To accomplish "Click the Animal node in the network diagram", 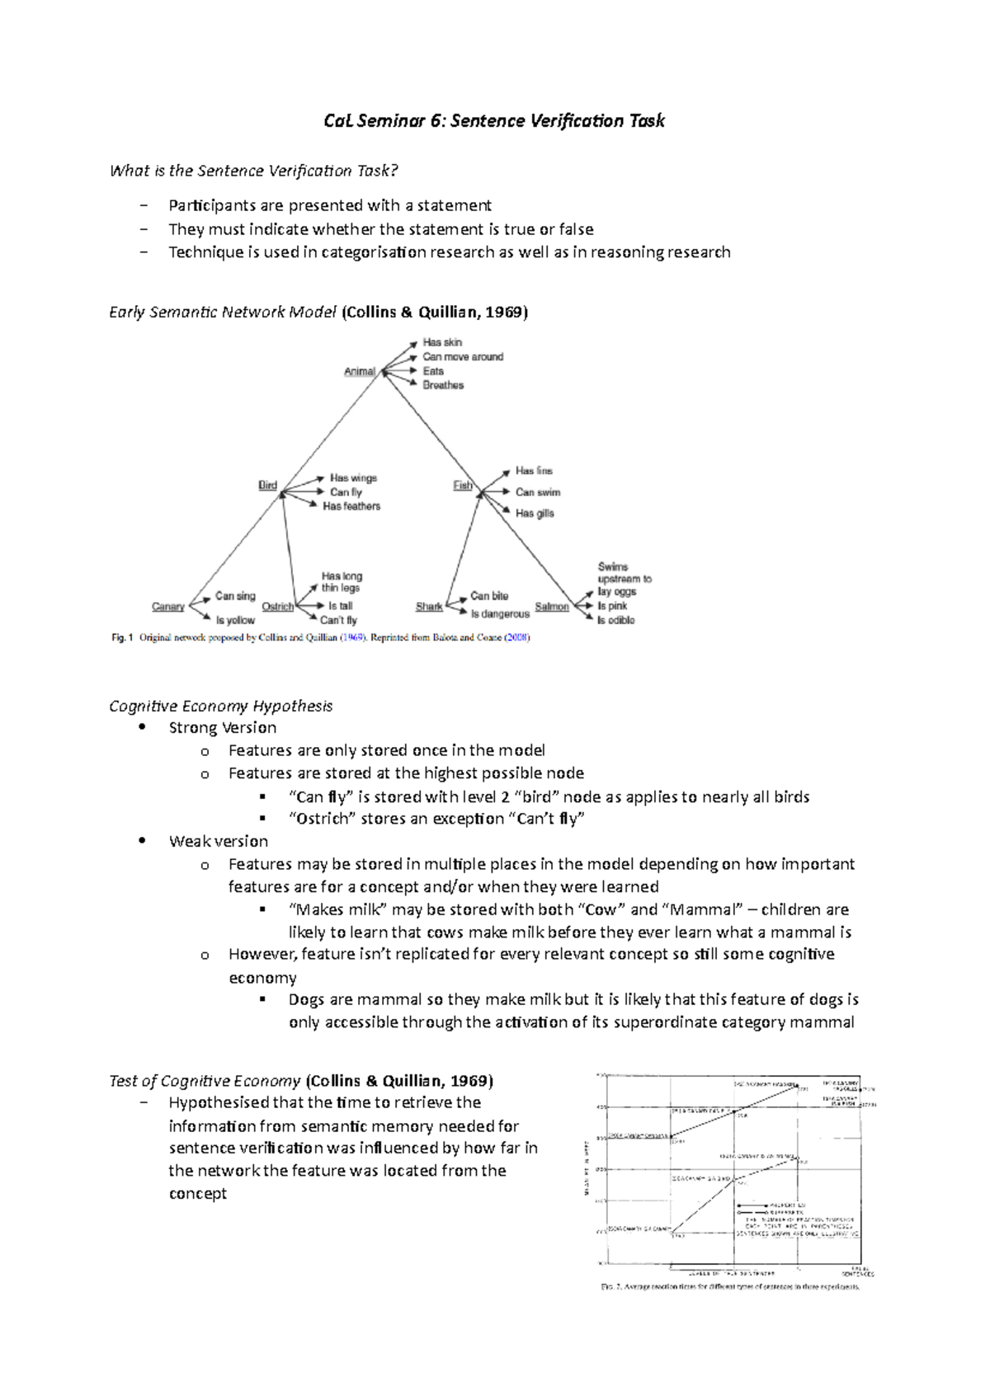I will point(359,372).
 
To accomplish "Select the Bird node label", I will point(267,486).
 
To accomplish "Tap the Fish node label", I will point(462,486).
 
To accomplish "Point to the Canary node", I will point(168,607).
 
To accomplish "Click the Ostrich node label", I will point(277,607).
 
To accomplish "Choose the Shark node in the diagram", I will point(429,607).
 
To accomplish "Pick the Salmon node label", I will point(551,607).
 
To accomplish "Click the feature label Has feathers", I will point(351,506).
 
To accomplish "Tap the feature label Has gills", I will point(535,514).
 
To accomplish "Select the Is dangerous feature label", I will point(500,614).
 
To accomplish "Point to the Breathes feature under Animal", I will point(443,385).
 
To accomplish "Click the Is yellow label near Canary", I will point(235,620).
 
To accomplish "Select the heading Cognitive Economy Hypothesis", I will point(220,706).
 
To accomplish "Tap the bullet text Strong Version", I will point(223,727).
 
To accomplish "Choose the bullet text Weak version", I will point(219,841).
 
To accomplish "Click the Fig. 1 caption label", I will point(121,637).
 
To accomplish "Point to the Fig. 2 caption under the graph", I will point(729,1286).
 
